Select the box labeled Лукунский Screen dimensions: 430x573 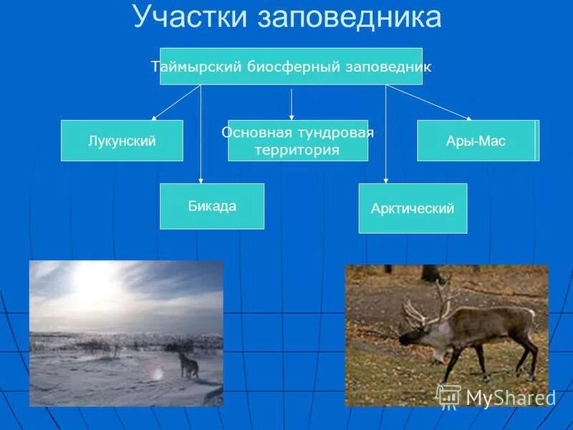[122, 140]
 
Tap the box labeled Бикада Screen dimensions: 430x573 [212, 206]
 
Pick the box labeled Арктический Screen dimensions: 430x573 [413, 209]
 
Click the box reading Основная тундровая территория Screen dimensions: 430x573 [298, 140]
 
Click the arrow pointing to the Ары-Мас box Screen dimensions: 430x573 [430, 102]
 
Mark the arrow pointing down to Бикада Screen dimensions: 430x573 [201, 136]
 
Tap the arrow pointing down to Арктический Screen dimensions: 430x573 [386, 136]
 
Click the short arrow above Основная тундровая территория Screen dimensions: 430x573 [292, 104]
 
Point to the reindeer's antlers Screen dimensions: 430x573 [425, 305]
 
